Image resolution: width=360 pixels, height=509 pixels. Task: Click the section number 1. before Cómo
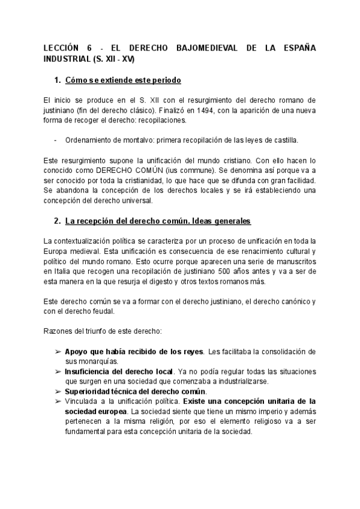pyautogui.click(x=58, y=80)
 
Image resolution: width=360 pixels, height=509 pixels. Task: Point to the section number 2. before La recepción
pyautogui.click(x=58, y=220)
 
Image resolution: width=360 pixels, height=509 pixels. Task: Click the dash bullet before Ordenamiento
pyautogui.click(x=56, y=140)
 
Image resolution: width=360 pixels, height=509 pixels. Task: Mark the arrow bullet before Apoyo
pyautogui.click(x=58, y=351)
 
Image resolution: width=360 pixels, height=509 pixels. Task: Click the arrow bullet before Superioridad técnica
pyautogui.click(x=58, y=391)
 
